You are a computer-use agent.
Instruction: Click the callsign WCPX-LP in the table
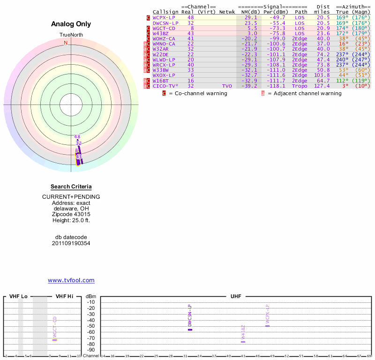click(x=164, y=17)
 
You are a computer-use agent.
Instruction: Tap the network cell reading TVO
click(x=227, y=86)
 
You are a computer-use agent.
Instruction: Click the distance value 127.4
click(x=322, y=86)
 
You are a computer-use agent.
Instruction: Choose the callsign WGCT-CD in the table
click(x=164, y=29)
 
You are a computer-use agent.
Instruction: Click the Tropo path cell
click(x=300, y=86)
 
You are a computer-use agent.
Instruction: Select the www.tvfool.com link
click(x=71, y=280)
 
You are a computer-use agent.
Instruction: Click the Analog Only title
click(x=71, y=24)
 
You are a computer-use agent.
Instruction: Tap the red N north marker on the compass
click(x=66, y=43)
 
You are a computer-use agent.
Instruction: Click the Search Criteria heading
click(x=71, y=187)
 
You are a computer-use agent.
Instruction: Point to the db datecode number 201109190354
click(x=71, y=243)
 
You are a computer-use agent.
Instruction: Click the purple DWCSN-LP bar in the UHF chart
click(x=190, y=330)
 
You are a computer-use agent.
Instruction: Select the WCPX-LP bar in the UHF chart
click(x=268, y=325)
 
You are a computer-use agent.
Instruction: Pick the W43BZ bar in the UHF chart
click(x=243, y=342)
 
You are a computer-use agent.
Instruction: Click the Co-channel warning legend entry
click(x=197, y=93)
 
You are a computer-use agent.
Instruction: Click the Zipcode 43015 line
click(x=71, y=214)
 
